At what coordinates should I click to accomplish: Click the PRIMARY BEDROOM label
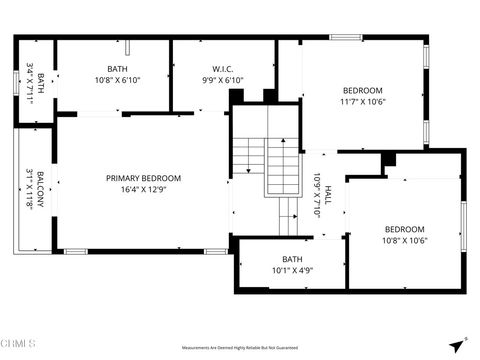point(144,178)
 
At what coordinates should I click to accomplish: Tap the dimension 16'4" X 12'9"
point(144,189)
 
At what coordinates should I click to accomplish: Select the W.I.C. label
point(222,69)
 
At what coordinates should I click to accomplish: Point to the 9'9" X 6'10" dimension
point(222,80)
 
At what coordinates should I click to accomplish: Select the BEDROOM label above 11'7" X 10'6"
point(362,90)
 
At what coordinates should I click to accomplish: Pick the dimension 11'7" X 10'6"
point(362,101)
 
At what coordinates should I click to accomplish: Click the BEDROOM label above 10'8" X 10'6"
point(405,228)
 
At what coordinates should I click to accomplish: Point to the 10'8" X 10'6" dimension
point(405,239)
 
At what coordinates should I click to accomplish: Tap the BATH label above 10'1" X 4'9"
point(292,259)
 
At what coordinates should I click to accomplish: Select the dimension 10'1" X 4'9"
point(292,270)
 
